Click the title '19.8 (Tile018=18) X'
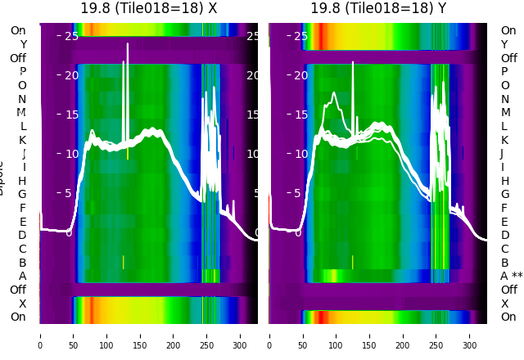[149, 8]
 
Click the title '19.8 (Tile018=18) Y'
[378, 8]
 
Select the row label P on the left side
[23, 72]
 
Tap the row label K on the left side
[23, 140]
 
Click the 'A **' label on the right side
[511, 277]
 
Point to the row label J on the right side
[502, 154]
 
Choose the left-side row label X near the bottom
[23, 304]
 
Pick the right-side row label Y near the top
[504, 44]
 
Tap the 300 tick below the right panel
[470, 335]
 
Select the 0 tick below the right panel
[269, 335]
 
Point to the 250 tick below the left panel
[206, 335]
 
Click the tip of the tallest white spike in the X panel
[127, 44]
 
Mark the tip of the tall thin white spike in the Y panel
[353, 61]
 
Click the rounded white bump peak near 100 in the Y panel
[334, 93]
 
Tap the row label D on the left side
[23, 236]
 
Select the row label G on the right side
[505, 195]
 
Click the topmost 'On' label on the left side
[18, 31]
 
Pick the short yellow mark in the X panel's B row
[123, 262]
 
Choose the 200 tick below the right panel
[403, 335]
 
